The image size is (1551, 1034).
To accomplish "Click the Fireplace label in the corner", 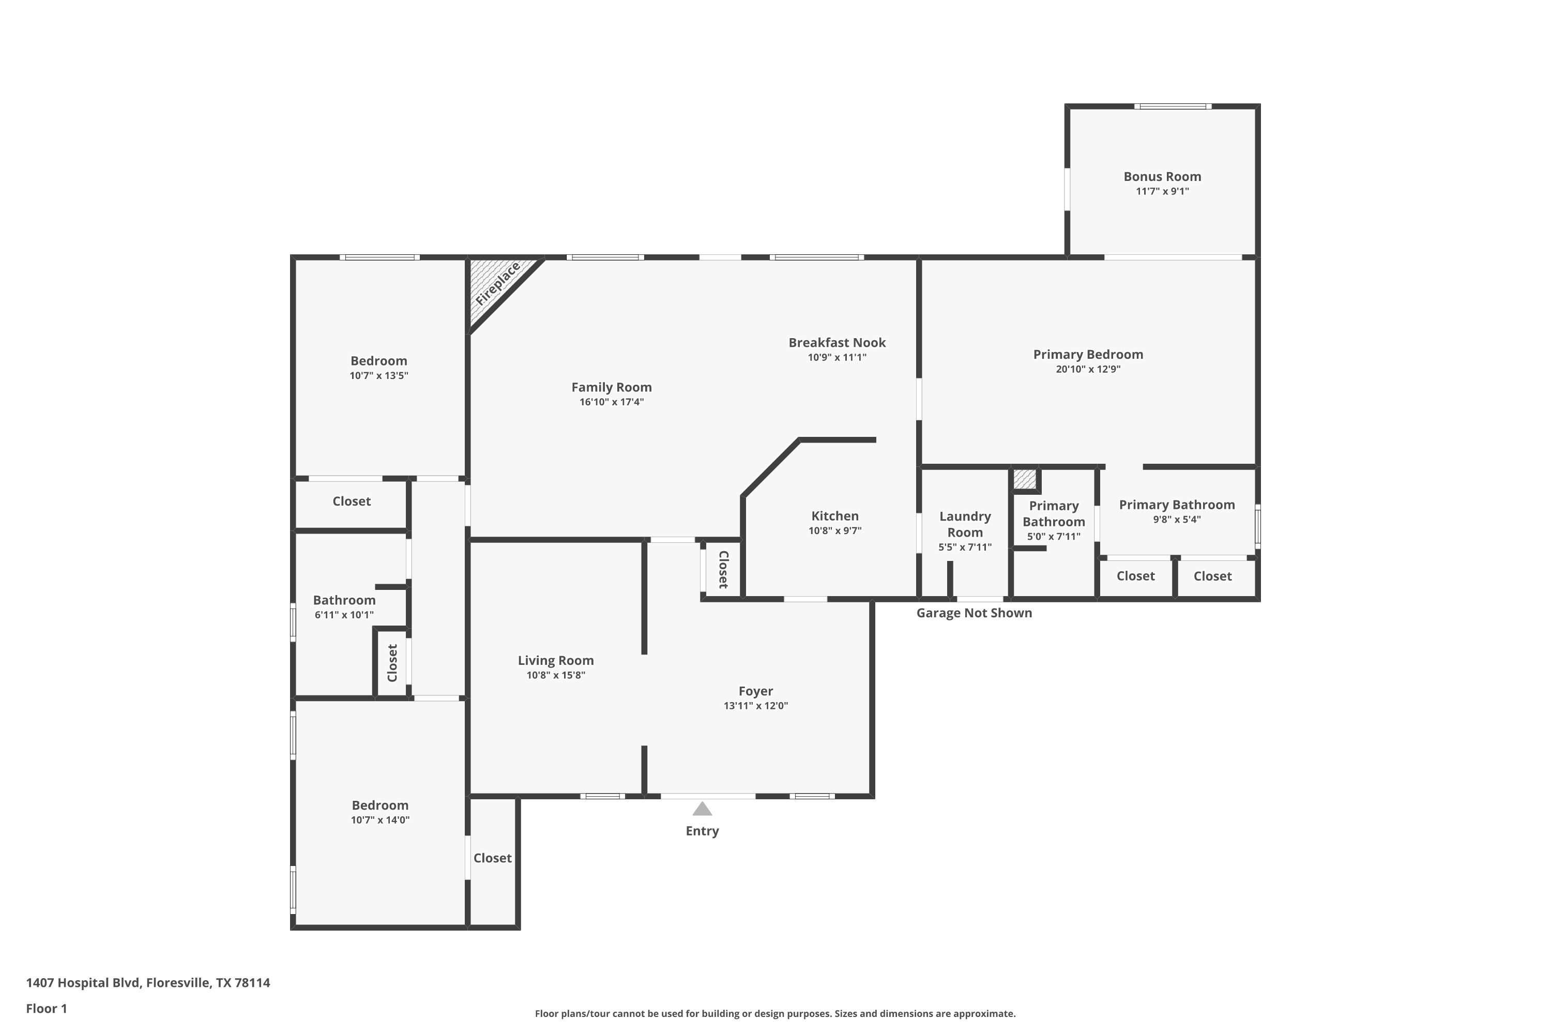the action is [498, 283].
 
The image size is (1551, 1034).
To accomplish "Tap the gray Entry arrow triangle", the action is [702, 809].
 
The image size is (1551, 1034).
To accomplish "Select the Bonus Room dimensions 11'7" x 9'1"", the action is [1163, 192].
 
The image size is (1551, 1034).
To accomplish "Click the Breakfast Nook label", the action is [837, 343].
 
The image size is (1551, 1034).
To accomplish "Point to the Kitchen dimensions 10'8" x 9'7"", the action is [835, 531].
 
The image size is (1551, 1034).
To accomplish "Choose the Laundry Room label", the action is [965, 524].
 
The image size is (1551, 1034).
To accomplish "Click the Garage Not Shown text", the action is [974, 613].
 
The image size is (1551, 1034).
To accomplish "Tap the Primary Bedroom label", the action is [1088, 355].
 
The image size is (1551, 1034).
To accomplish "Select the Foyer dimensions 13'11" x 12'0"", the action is [756, 706].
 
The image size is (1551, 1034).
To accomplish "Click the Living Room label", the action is [556, 661].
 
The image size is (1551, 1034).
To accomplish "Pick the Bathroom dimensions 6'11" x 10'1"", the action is [344, 615].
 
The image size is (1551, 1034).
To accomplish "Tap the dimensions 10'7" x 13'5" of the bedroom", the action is [379, 376].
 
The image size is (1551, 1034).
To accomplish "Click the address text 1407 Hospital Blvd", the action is [83, 983].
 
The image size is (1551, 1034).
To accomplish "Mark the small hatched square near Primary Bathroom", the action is [1024, 479].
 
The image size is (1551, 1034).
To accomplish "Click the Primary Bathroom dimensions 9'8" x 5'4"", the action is [1177, 520].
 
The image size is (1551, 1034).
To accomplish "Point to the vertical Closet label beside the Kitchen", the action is [723, 569].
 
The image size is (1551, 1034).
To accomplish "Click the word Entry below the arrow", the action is [702, 831].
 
